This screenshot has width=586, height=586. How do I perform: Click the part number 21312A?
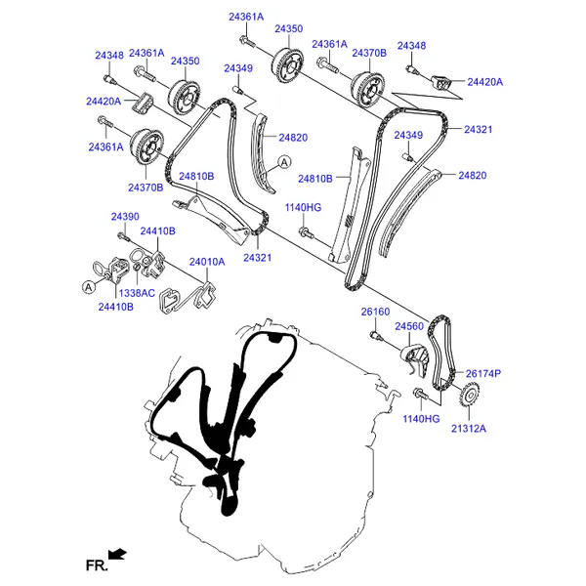point(469,429)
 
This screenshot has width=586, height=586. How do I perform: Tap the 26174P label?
point(482,373)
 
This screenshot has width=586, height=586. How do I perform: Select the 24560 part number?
point(409,326)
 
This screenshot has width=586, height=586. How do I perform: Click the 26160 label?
point(375,312)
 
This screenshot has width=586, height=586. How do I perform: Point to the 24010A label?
point(207,262)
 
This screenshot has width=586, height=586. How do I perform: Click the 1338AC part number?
point(137,293)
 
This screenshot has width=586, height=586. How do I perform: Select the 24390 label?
point(125,217)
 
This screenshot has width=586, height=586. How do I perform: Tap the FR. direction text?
point(97,565)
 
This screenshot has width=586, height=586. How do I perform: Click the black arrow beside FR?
point(118,554)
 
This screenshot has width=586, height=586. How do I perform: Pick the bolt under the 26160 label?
point(375,336)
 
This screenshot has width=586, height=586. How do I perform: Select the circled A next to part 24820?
point(285,162)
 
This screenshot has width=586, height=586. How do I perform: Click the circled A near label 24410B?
point(89,287)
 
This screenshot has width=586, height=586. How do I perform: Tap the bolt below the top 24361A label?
point(247,41)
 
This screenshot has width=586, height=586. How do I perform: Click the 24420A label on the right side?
point(485,82)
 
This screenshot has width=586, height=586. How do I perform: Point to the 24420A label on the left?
point(104,102)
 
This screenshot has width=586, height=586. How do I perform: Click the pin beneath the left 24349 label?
point(237,89)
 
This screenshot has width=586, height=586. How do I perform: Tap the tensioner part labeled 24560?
point(416,360)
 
